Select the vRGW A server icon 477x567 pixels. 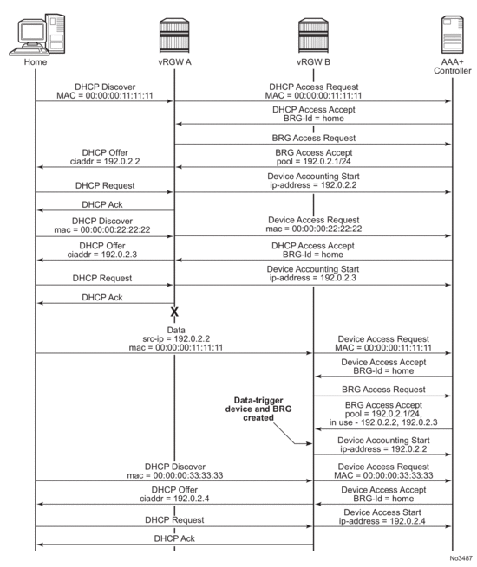[174, 33]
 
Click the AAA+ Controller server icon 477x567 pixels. [452, 33]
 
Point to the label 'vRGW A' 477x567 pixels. [174, 61]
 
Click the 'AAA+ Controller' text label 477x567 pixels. [452, 67]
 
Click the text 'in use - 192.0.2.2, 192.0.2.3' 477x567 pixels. [382, 422]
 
